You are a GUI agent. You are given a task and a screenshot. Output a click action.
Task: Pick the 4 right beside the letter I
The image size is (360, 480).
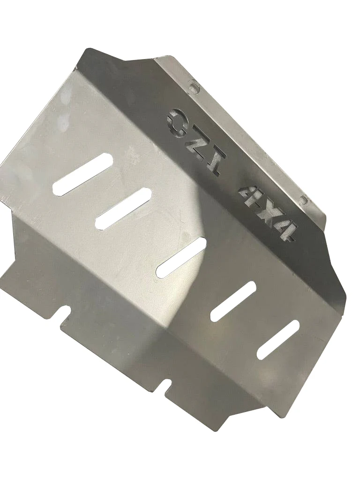247,194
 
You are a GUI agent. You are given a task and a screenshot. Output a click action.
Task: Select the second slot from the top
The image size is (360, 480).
123,208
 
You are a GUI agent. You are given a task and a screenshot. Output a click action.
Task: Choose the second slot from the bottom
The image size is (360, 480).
233,301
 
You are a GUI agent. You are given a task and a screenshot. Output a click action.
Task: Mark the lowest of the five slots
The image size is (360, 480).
278,340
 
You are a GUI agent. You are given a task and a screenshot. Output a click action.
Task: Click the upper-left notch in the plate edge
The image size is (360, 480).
64,312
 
